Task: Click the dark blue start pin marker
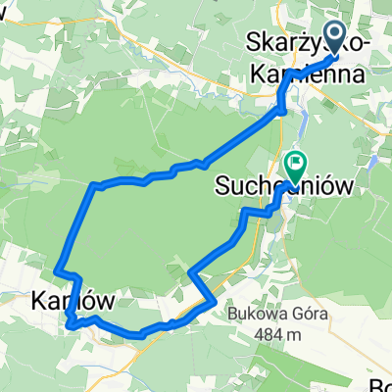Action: coord(334,37)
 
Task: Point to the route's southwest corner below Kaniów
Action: coord(69,324)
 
